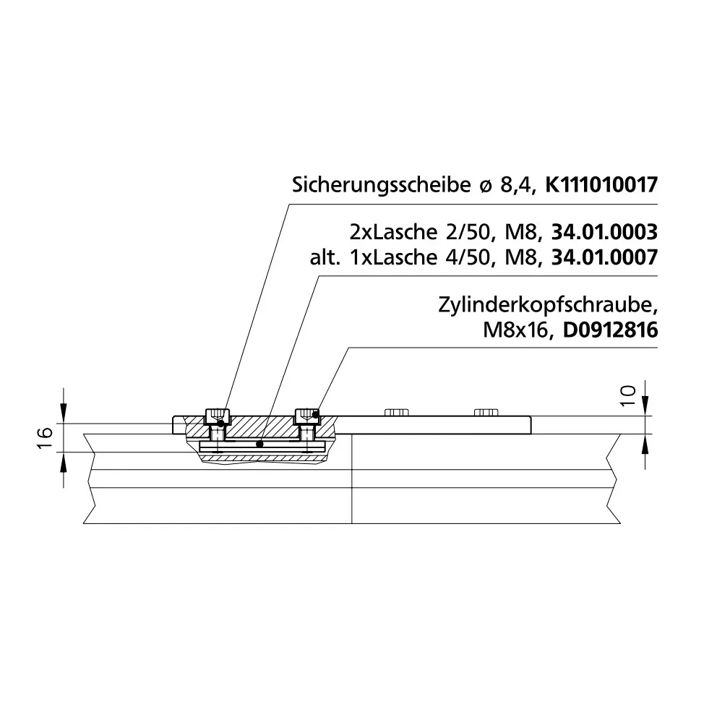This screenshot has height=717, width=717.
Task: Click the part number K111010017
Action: click(x=601, y=185)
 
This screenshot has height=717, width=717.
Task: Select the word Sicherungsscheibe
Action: click(x=382, y=186)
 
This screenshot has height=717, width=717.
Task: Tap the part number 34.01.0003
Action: click(x=604, y=232)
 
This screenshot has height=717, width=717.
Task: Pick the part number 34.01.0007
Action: click(x=604, y=257)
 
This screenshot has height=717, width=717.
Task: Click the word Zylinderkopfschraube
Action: click(x=548, y=306)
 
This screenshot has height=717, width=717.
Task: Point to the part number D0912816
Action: click(x=610, y=330)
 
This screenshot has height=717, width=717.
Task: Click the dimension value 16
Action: click(x=46, y=438)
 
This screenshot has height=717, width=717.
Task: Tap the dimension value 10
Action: click(x=628, y=395)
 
